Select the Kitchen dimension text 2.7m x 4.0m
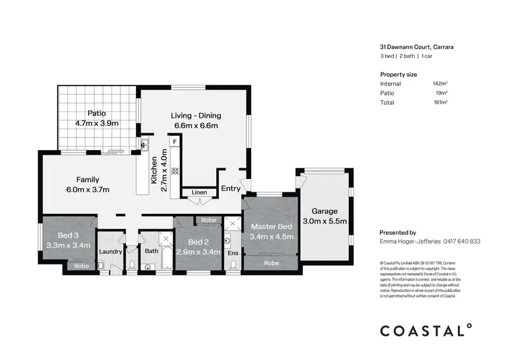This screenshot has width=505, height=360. pos(164,174)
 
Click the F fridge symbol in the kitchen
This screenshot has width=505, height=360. pos(174,143)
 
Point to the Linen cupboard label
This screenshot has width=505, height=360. pos(199,192)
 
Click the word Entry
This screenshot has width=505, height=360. pos(230,188)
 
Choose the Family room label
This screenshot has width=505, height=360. pos(88,180)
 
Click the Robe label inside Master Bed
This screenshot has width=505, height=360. pos(271,263)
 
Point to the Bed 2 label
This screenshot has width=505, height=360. pos(197,242)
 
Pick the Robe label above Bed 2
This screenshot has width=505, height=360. pos(209,220)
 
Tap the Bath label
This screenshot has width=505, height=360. pos(151,252)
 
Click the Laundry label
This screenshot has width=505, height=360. pos(110,252)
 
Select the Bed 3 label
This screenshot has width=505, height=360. pos(69,236)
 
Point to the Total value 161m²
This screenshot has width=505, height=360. pos(441,102)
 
